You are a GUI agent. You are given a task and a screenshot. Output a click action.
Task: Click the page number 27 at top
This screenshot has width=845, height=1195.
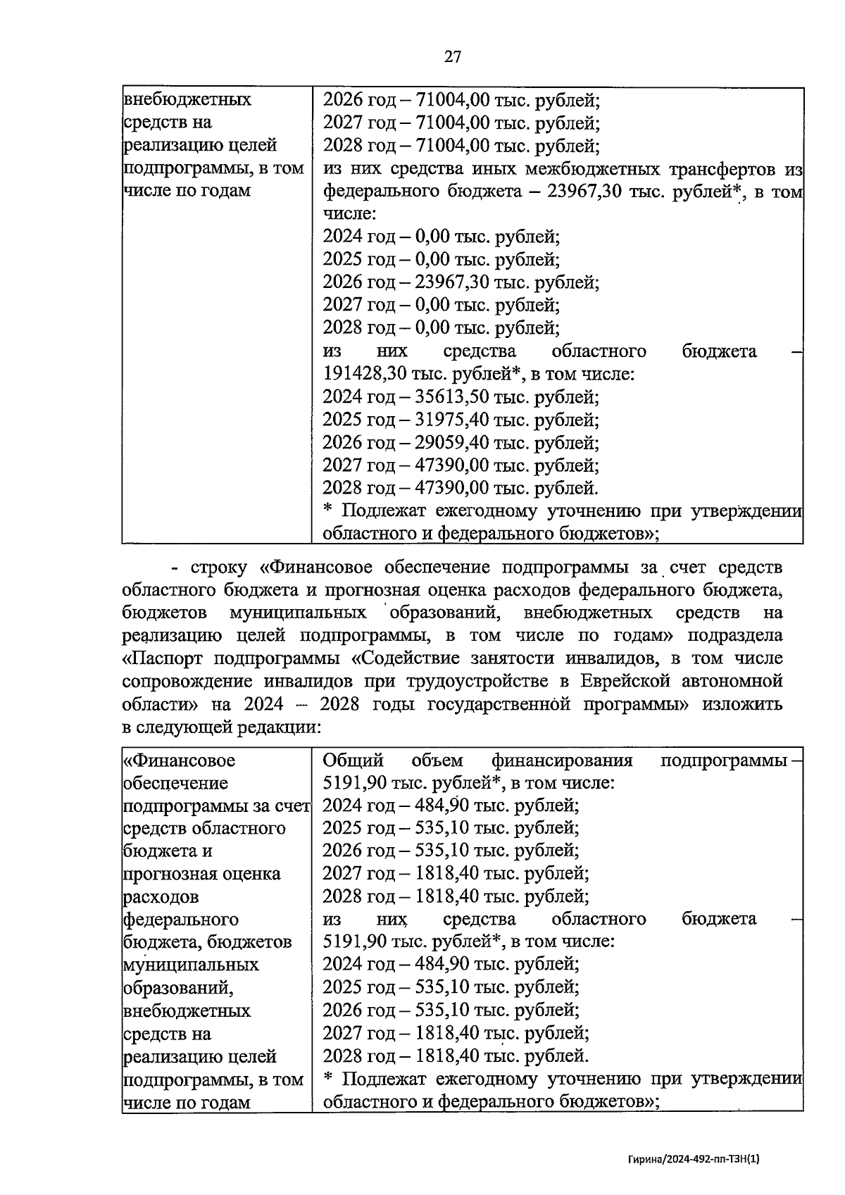(x=453, y=57)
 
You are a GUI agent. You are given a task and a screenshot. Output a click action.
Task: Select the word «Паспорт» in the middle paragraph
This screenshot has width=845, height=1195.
(x=165, y=659)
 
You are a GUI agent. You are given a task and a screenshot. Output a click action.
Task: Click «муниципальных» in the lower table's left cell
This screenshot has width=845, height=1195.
(x=191, y=965)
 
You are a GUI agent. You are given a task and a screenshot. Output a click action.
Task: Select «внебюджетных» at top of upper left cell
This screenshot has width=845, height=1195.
(x=187, y=99)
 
